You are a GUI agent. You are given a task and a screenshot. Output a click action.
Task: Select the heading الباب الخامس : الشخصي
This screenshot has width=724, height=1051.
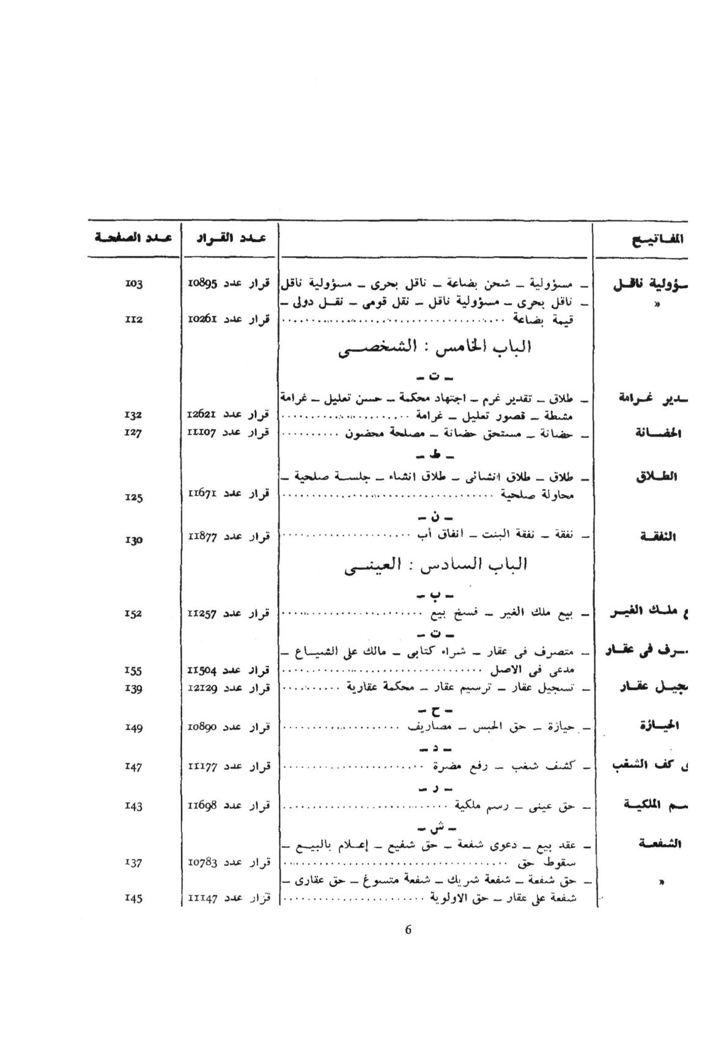click(x=435, y=348)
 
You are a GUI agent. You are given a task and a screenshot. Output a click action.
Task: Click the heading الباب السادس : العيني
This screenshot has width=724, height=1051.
click(x=435, y=564)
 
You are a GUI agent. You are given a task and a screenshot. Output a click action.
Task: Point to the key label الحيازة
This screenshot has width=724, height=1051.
click(x=657, y=726)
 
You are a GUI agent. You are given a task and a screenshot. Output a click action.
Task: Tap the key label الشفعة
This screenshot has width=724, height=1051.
click(x=657, y=844)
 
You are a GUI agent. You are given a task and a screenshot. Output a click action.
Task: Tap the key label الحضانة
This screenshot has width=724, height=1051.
click(x=657, y=433)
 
